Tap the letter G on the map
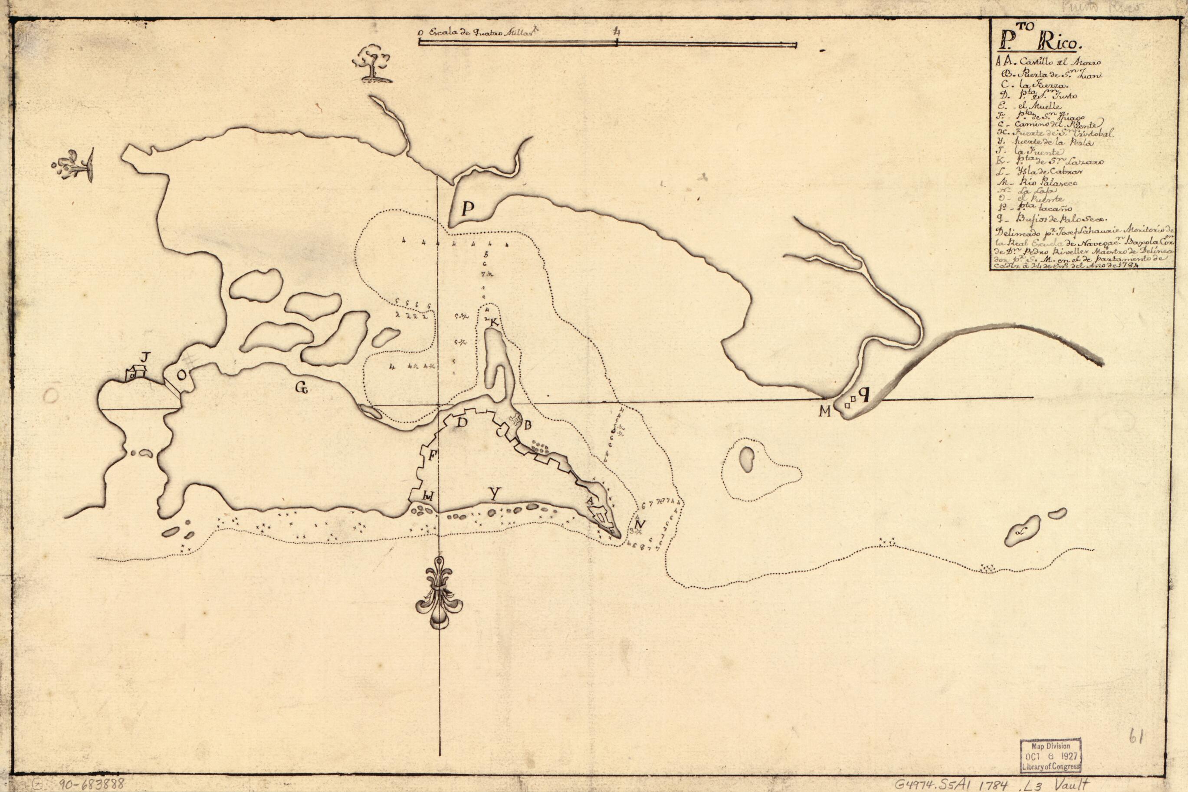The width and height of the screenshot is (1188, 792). [302, 388]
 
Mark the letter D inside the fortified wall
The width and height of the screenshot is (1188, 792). [462, 423]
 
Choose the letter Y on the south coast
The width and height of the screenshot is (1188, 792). [495, 496]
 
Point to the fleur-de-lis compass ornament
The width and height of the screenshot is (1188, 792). [439, 594]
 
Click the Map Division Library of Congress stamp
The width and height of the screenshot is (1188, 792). [1050, 755]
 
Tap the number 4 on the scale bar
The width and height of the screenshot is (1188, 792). [617, 32]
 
